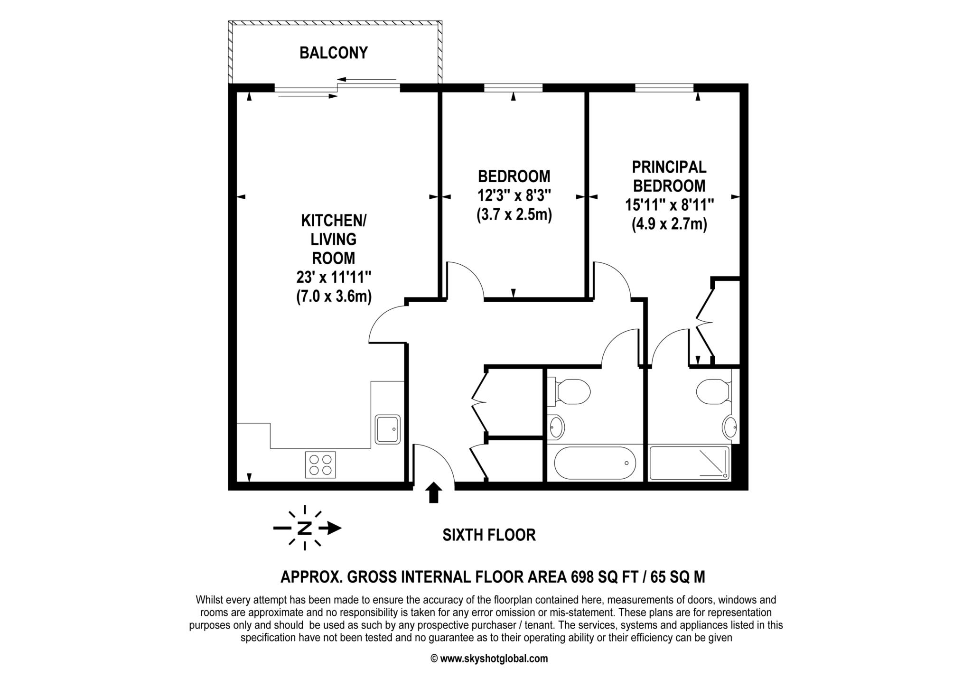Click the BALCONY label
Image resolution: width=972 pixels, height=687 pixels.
click(334, 53)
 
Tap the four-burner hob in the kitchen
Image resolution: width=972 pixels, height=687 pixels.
click(321, 464)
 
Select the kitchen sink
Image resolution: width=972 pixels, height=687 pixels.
click(388, 429)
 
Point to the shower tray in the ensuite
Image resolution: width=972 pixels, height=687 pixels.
click(689, 463)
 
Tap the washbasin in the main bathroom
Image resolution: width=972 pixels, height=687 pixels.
click(556, 427)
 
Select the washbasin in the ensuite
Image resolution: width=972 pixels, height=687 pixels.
click(730, 427)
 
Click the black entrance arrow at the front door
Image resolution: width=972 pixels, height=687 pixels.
click(433, 492)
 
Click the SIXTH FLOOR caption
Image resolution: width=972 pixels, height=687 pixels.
click(489, 535)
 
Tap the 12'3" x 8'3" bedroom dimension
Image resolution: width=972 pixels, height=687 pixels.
click(514, 195)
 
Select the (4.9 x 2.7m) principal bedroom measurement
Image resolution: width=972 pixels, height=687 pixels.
click(669, 223)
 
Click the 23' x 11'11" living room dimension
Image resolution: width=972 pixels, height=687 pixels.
click(334, 277)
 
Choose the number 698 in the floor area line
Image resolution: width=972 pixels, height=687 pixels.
click(581, 577)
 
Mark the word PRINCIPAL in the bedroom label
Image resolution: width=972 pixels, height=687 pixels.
click(669, 167)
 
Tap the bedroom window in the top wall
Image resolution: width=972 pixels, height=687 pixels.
click(513, 88)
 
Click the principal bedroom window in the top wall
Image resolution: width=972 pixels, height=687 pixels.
click(664, 88)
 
